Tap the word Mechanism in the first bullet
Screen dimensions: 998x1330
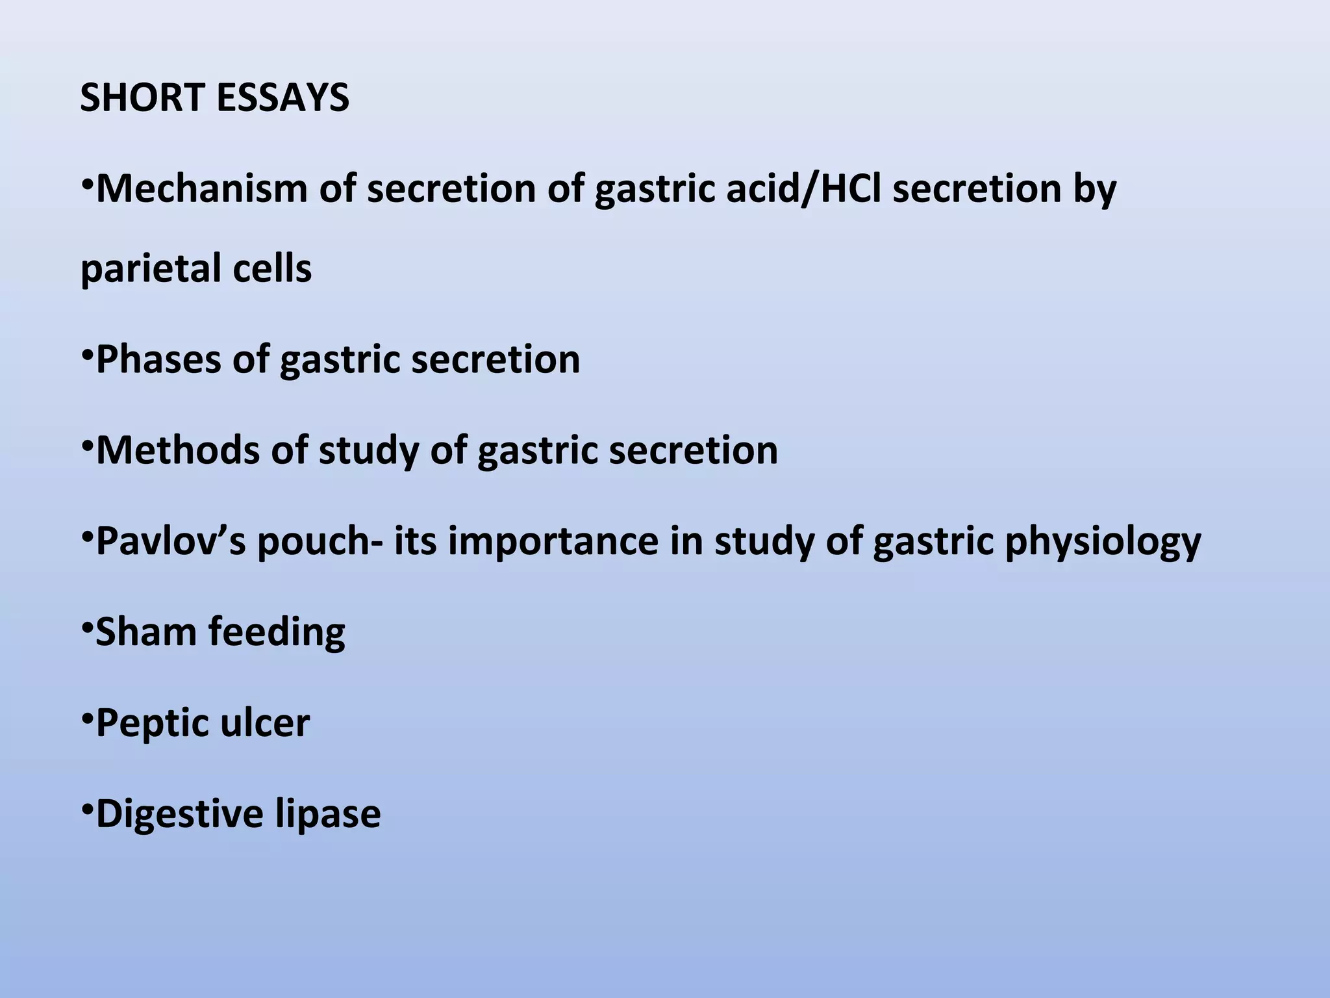click(201, 188)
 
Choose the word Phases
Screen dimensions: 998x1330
click(158, 359)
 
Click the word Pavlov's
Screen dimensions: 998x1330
click(171, 541)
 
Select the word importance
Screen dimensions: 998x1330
click(553, 541)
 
